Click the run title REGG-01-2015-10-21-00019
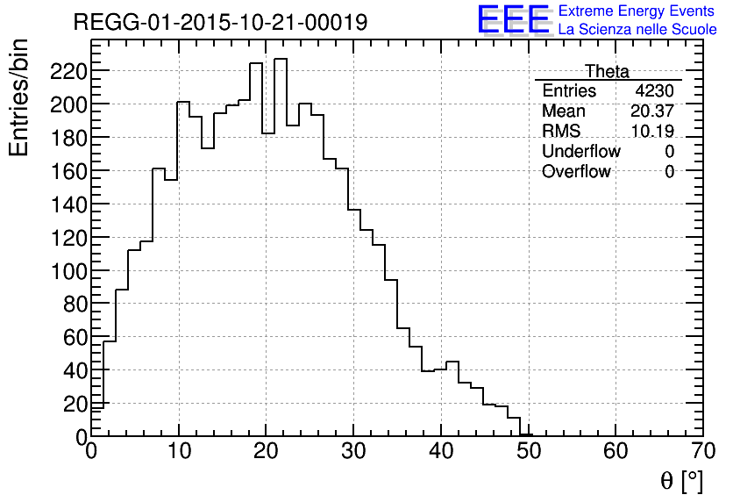pos(220,22)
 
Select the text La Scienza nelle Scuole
pos(637,29)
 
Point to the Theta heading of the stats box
pos(607,71)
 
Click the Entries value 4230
pos(655,91)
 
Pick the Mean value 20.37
pos(652,111)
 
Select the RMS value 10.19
pos(652,132)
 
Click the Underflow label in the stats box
pos(580,152)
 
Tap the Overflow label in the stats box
pos(576,172)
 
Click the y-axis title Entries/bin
pos(20,97)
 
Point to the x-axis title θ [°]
pos(681,481)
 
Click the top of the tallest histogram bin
pos(281,59)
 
